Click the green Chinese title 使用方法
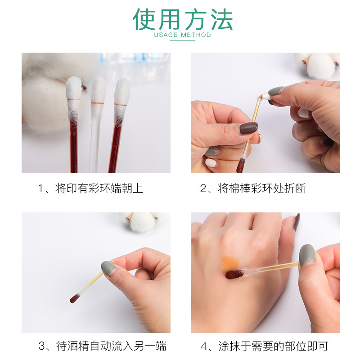pos(183,19)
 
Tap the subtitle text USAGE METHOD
pos(183,35)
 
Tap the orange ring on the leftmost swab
pos(73,99)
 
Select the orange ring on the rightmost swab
pos(121,105)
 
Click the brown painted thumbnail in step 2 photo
pos(248,128)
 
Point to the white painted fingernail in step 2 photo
pos(211,162)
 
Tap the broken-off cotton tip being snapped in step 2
pos(266,96)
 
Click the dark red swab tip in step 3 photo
pos(75,298)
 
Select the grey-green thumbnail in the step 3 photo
pos(108,268)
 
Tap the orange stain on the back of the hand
pos(229,263)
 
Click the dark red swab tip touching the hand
pos(234,274)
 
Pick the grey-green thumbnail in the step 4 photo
pos(307,254)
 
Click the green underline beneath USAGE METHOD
pos(182,40)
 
